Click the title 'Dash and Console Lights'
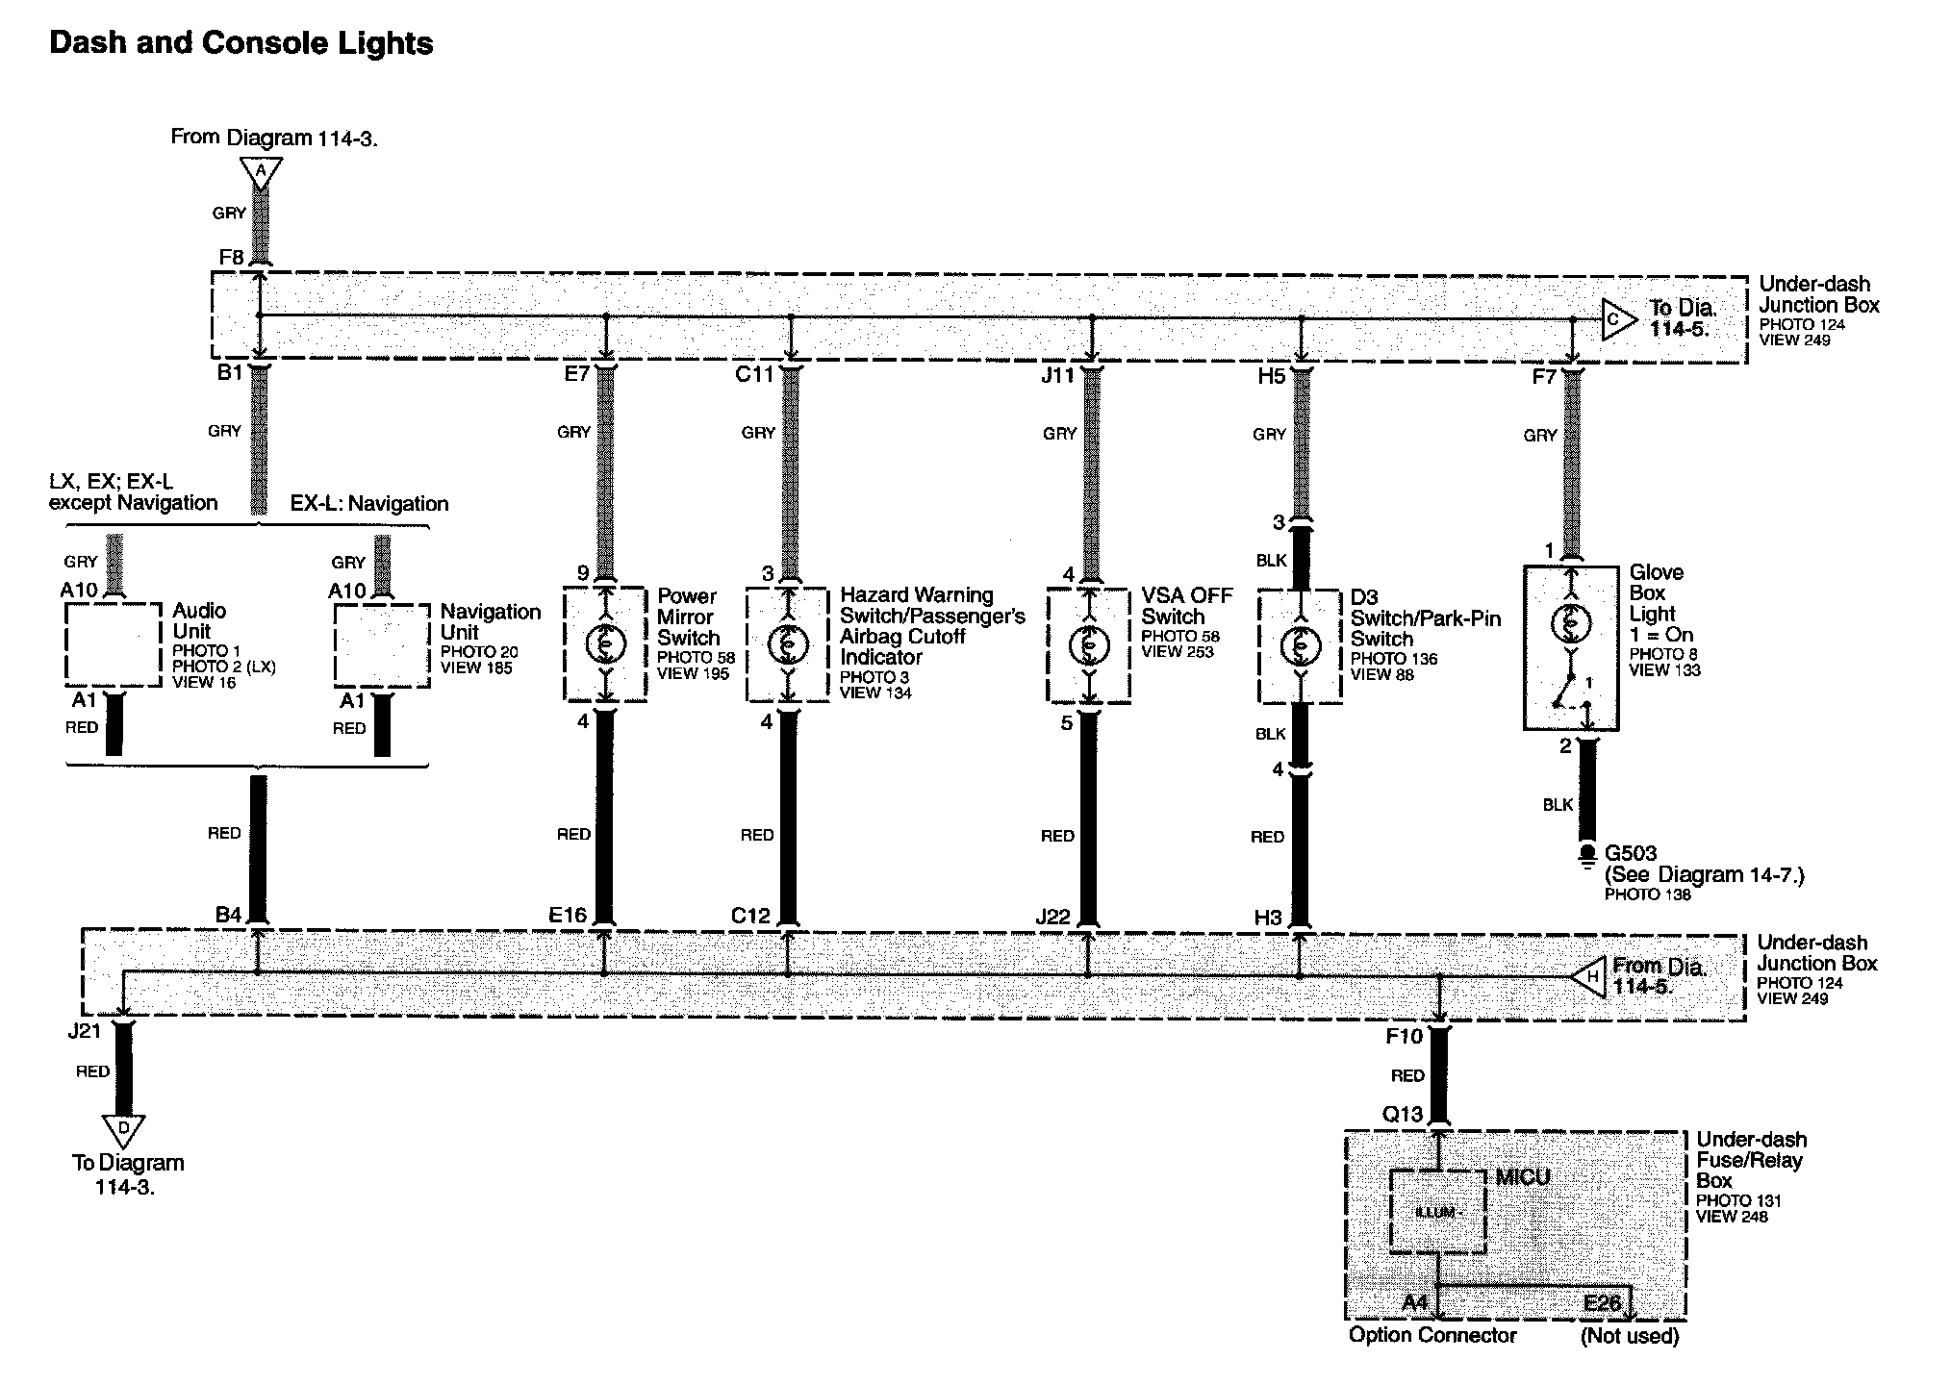[x=241, y=44]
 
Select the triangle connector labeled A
[x=260, y=172]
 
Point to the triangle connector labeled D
[x=124, y=1129]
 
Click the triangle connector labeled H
[x=1588, y=976]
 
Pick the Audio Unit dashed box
[x=113, y=644]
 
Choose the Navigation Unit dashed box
[x=381, y=645]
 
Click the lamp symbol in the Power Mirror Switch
[x=605, y=643]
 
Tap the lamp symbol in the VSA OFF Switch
[x=1089, y=643]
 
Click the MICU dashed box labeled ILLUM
[x=1438, y=1212]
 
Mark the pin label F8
[x=232, y=258]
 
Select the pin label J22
[x=1052, y=917]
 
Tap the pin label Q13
[x=1402, y=1114]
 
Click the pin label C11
[x=754, y=374]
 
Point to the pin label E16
[x=568, y=915]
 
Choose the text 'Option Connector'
[x=1432, y=1335]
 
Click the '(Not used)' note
[x=1630, y=1336]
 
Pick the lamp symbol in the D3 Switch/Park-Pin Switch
[x=1300, y=646]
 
